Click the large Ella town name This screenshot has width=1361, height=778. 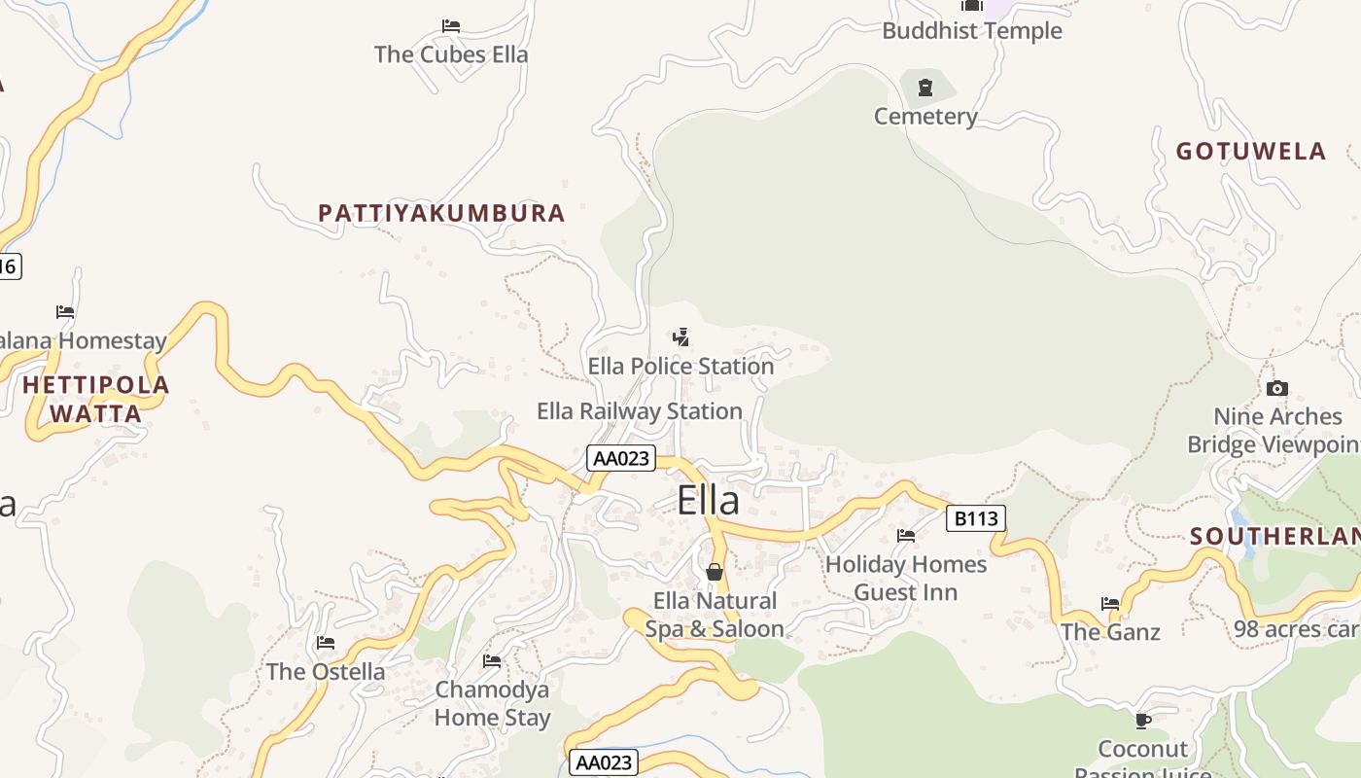708,501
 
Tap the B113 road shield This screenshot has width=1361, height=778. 975,518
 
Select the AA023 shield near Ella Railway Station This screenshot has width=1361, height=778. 621,458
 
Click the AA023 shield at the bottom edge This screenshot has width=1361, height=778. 603,762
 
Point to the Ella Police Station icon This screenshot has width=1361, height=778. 681,337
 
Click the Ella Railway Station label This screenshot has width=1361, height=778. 639,411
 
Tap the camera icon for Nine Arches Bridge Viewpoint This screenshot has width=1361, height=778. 1277,389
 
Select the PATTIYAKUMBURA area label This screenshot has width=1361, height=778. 441,213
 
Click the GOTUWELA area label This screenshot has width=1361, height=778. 1250,151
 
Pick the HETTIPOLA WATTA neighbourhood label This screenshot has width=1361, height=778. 95,399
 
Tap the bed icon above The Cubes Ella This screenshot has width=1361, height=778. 450,26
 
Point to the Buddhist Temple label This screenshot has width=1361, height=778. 971,31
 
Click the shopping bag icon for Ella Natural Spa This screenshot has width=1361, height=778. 715,572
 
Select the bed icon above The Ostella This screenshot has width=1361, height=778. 326,643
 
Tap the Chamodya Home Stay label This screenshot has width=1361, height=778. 492,703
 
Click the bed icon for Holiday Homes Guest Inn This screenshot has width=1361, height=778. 906,535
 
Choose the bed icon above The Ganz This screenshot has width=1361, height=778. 1110,604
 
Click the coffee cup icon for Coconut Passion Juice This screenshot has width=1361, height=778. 1143,721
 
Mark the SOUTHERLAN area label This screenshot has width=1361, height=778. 1274,537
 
